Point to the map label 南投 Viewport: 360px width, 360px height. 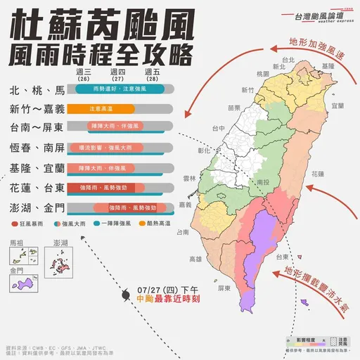point(264,181)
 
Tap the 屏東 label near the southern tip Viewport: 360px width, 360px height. point(224,288)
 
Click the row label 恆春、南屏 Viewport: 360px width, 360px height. point(37,148)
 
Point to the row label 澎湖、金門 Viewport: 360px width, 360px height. point(37,208)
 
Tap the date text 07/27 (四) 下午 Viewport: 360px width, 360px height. point(169,289)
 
